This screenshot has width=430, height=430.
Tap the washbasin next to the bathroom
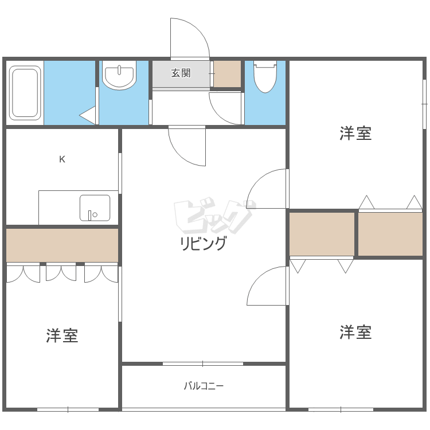point(119,76)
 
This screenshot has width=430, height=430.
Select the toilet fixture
point(265,77)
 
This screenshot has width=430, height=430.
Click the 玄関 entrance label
point(181,73)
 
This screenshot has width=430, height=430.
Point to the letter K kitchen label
point(62,159)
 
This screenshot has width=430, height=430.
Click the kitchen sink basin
point(95,208)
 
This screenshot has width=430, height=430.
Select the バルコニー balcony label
point(204,386)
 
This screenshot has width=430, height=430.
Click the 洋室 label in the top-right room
point(355,134)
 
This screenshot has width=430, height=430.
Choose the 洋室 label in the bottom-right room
point(355,332)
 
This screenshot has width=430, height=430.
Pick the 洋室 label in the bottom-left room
point(62,335)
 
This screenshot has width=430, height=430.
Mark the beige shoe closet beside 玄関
point(227,73)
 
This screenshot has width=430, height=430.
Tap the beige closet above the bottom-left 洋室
point(62,245)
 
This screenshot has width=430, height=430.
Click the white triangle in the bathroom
point(88,115)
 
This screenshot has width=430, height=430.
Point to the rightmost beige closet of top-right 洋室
point(390,233)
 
